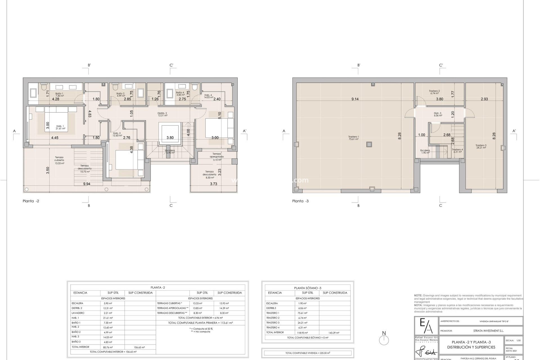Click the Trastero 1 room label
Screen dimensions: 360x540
[354, 138]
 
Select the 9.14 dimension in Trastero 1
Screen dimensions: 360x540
[355, 99]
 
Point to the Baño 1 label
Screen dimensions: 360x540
[59, 94]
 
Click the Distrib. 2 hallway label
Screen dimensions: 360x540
[162, 114]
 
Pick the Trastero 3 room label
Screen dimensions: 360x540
[481, 146]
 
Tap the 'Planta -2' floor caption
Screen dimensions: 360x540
[31, 201]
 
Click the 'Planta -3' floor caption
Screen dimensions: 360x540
[300, 201]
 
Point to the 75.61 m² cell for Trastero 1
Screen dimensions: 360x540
[303, 313]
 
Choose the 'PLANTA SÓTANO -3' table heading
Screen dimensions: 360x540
[308, 288]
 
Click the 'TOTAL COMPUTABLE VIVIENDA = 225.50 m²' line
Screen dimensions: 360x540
[308, 353]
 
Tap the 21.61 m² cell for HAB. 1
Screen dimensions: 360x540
[108, 318]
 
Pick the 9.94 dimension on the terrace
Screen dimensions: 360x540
[87, 184]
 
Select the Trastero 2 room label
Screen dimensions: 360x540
[434, 92]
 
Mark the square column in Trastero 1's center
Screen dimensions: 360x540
[369, 144]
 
